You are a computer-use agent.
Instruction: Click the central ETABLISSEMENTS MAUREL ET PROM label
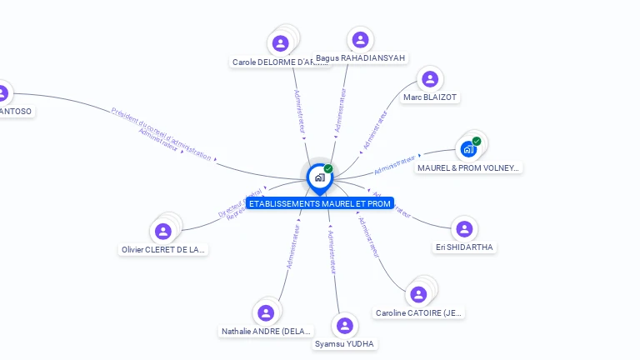(x=319, y=203)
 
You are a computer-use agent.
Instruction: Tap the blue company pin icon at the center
(x=319, y=177)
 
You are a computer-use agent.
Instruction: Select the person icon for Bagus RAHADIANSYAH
(x=360, y=39)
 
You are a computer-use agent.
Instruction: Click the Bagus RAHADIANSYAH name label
(x=360, y=58)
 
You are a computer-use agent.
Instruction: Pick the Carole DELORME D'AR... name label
(x=274, y=62)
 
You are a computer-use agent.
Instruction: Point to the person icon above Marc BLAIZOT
(x=430, y=79)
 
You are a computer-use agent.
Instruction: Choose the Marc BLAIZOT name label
(x=430, y=97)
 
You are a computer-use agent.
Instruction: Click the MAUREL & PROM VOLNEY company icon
(x=469, y=149)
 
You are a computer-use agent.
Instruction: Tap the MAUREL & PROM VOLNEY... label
(x=469, y=168)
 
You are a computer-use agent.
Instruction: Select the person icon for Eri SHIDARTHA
(x=464, y=228)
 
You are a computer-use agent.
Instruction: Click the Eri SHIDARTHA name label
(x=464, y=247)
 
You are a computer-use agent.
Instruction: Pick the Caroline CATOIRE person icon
(x=418, y=294)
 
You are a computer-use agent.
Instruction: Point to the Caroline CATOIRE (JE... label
(x=418, y=313)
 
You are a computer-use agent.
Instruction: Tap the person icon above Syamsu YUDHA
(x=345, y=325)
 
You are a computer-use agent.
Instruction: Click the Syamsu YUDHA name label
(x=345, y=344)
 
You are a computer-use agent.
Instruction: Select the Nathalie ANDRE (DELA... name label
(x=267, y=332)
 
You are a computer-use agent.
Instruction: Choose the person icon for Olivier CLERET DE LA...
(x=163, y=231)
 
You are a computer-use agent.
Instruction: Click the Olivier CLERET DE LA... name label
(x=162, y=250)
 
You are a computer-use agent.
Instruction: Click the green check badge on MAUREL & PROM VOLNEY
(x=477, y=141)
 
